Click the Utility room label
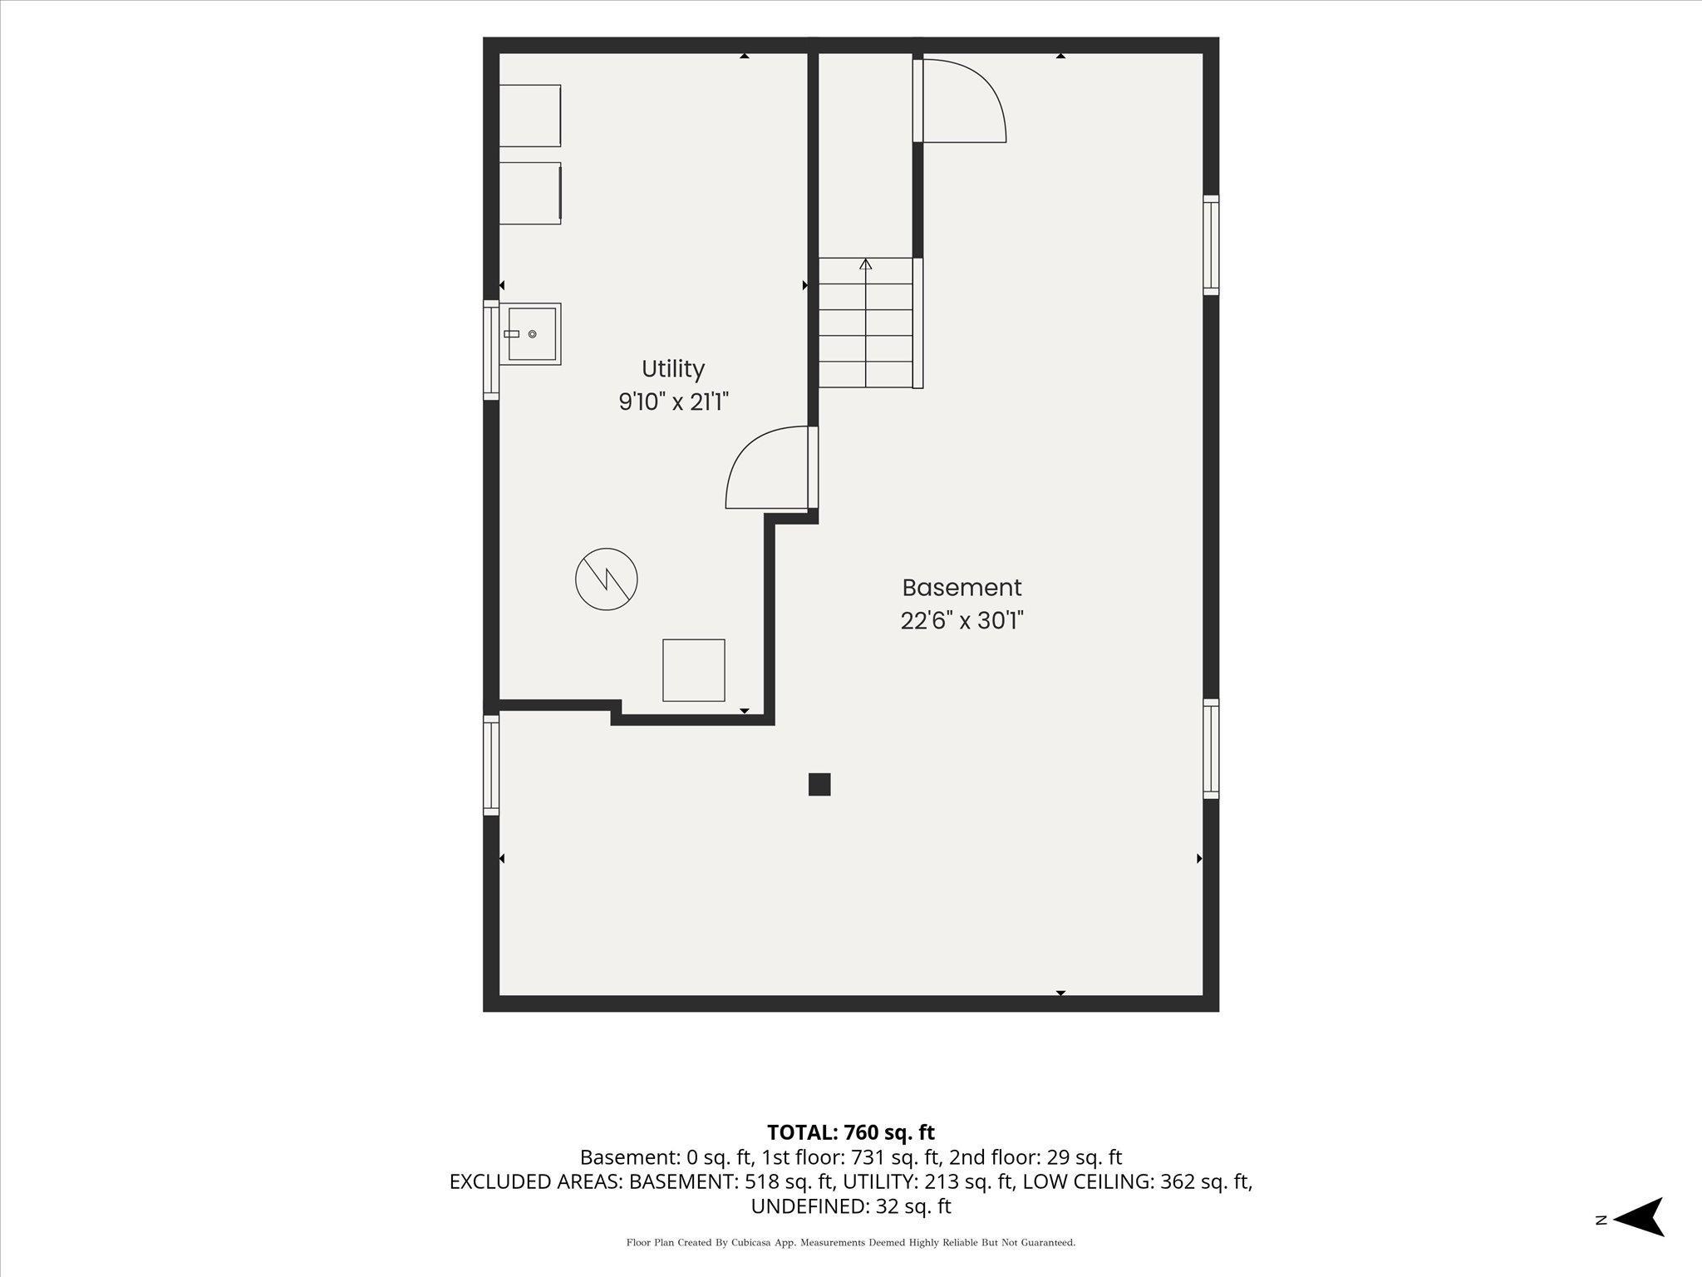(x=673, y=368)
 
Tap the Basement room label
(x=962, y=588)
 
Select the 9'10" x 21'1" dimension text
(x=673, y=402)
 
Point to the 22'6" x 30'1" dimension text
(x=962, y=621)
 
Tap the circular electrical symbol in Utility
(x=607, y=579)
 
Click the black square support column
(x=819, y=784)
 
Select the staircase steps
(x=866, y=323)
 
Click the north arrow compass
(x=1637, y=1219)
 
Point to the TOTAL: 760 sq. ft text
(x=851, y=1132)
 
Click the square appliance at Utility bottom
(x=694, y=670)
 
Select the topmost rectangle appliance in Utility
(x=529, y=116)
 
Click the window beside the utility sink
(x=491, y=350)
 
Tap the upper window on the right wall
(x=1211, y=245)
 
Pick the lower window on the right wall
(x=1211, y=749)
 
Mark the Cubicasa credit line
(x=851, y=1243)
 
